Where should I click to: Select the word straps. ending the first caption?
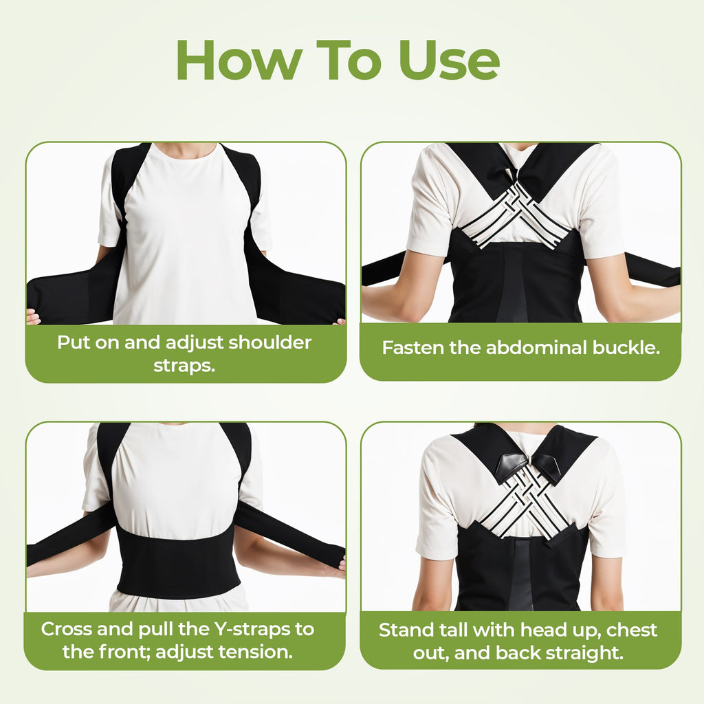click(x=184, y=365)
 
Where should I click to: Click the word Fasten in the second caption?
click(x=412, y=347)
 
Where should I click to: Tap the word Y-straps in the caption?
click(x=245, y=628)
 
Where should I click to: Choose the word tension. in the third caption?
click(x=257, y=651)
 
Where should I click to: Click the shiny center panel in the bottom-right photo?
click(x=521, y=574)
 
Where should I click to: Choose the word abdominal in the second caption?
click(x=526, y=347)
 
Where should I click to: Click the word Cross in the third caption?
click(x=67, y=628)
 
